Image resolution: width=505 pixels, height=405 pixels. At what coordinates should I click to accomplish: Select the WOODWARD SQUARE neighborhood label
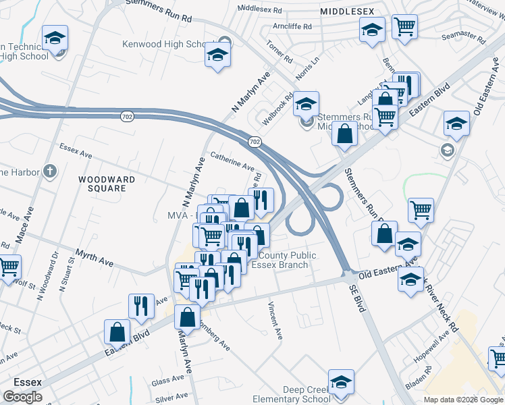point(107,184)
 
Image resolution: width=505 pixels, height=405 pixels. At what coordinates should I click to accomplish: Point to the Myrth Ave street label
point(95,259)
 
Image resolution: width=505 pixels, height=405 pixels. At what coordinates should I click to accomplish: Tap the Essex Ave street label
point(75,150)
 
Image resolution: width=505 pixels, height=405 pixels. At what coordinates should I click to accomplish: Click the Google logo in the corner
point(22,396)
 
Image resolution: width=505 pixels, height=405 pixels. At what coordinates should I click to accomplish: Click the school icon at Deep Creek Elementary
point(341,382)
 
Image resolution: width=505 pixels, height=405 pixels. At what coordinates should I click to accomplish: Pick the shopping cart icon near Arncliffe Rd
point(404,27)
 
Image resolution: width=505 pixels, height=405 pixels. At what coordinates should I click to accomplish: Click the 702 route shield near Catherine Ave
point(254,142)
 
